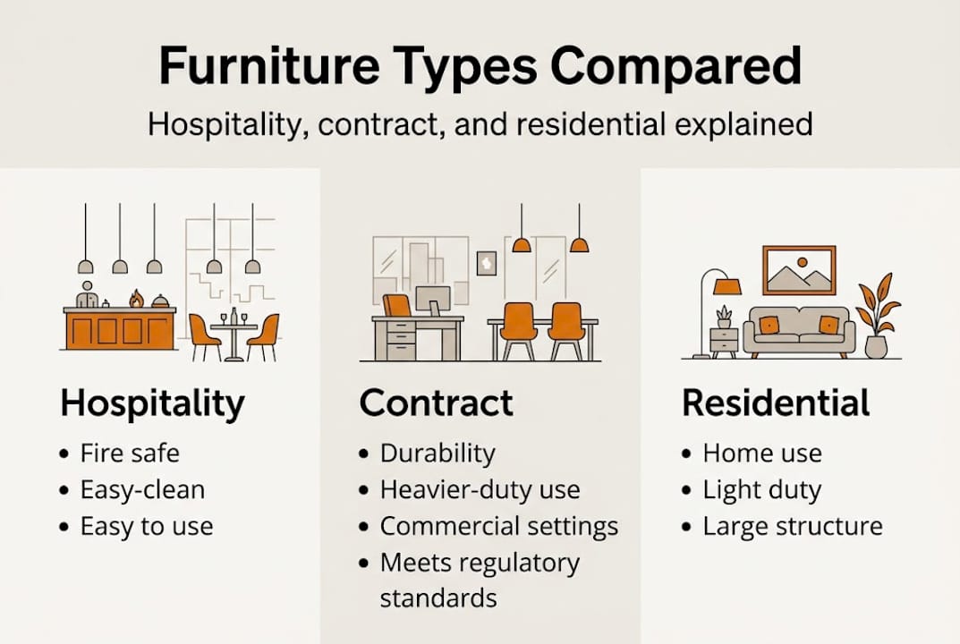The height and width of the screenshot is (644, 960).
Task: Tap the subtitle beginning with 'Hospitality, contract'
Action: tap(480, 123)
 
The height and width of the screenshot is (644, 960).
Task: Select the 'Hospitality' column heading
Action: tap(151, 404)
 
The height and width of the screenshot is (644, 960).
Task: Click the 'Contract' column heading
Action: tap(436, 404)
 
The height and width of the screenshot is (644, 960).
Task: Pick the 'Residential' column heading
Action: tap(775, 404)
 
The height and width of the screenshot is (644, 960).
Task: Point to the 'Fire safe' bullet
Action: tap(130, 453)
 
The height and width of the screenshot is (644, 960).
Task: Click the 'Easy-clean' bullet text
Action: tap(142, 490)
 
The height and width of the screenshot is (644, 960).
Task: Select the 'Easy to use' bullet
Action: tap(147, 526)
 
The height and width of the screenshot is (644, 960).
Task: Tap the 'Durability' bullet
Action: tap(437, 453)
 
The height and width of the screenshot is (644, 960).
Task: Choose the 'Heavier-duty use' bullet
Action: tap(480, 490)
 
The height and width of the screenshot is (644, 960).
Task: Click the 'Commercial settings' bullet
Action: tap(498, 526)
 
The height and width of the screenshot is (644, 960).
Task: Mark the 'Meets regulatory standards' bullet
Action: tap(480, 580)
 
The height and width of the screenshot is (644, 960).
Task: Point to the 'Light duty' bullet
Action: tap(761, 490)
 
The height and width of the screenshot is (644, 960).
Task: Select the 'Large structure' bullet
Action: tap(792, 526)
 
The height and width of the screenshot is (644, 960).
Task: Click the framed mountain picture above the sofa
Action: tap(798, 270)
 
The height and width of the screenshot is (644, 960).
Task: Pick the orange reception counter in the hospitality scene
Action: tap(120, 329)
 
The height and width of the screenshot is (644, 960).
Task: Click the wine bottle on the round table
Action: tap(234, 316)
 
